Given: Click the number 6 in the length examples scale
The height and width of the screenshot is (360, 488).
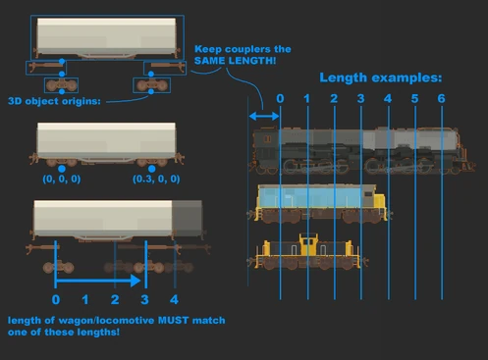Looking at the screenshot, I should click(441, 99).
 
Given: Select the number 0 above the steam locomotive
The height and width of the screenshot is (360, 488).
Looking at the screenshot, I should click(280, 99).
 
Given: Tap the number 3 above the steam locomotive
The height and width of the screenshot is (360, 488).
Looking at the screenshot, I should click(360, 99).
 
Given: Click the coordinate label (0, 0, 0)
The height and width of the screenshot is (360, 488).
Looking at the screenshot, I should click(62, 180).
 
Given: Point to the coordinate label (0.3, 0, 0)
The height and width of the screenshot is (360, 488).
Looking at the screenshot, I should click(154, 180).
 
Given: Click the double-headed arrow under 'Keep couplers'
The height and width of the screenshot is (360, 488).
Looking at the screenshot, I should click(263, 117).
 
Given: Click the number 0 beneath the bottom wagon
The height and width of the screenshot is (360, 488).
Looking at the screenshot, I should click(56, 299).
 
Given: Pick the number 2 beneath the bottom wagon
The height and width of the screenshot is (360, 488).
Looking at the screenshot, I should click(116, 299).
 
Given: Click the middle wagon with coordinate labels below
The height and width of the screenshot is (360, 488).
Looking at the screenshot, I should click(105, 143).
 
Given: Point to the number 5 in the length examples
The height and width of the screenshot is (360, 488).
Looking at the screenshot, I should click(414, 99).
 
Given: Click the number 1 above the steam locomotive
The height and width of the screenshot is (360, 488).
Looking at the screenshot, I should click(307, 99).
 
